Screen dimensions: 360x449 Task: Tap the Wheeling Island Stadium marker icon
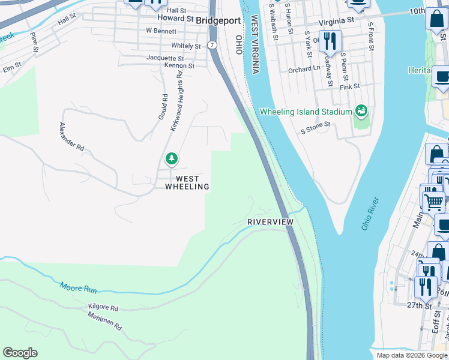pos(361,110)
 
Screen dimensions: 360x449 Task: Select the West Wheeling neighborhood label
pos(187,182)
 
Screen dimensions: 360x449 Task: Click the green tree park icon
pos(172,159)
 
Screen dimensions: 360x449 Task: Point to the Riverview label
pos(271,222)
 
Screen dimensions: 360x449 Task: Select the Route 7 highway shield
pos(212,45)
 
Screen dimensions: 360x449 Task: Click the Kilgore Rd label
pos(103,308)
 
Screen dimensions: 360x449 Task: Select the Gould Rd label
pos(163,106)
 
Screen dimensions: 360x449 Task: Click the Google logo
pos(20,353)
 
